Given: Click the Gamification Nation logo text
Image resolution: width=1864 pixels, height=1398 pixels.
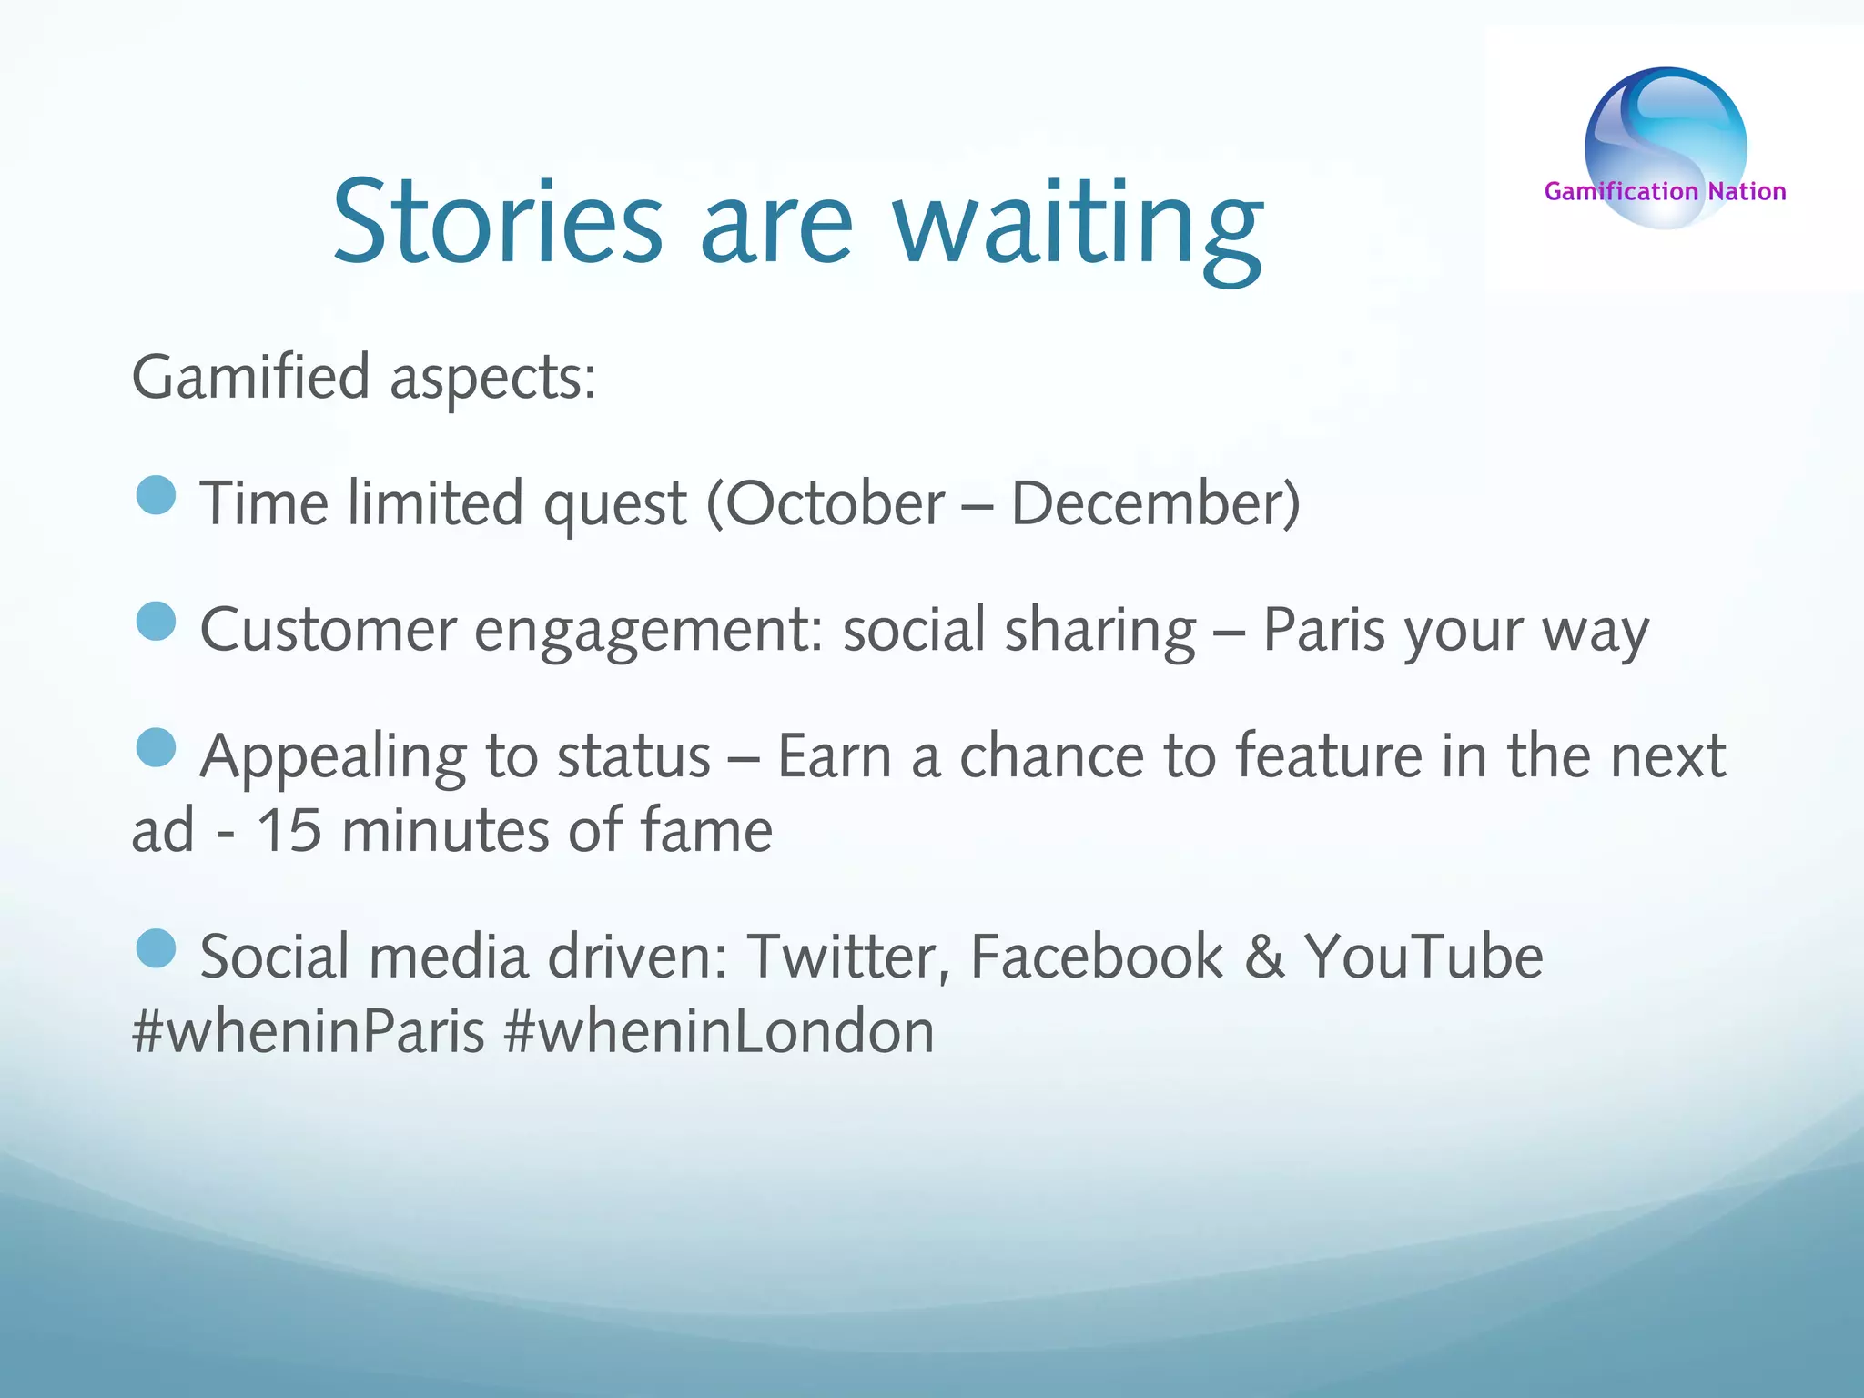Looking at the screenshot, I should (x=1665, y=191).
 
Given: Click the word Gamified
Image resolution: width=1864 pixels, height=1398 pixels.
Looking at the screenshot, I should (x=251, y=377).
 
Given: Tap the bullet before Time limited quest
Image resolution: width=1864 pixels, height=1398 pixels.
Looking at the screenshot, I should (x=156, y=496).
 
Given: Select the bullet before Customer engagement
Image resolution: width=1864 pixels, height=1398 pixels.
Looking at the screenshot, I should (x=156, y=622).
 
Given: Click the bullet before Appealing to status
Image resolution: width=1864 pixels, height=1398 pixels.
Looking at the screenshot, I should (x=156, y=747).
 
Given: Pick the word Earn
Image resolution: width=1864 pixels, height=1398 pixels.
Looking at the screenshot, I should (x=834, y=755).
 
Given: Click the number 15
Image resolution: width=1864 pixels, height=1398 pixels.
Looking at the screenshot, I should (x=289, y=830).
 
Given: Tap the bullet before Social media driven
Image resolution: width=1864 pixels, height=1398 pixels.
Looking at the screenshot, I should (x=156, y=948).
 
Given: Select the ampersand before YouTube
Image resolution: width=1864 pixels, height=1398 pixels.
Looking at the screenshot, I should (x=1264, y=957).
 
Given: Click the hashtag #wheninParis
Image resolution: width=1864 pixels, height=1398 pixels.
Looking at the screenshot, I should (x=309, y=1032).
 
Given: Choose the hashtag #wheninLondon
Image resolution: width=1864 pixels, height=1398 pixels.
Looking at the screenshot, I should (x=718, y=1032).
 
